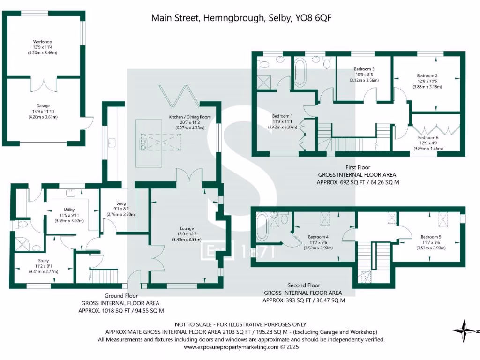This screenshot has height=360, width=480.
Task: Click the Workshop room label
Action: click(x=42, y=41)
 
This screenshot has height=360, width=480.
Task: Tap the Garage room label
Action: click(x=43, y=106)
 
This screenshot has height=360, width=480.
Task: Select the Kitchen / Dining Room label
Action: click(x=190, y=117)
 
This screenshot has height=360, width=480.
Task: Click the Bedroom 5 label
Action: click(x=430, y=237)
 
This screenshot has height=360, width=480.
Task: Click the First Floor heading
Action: click(x=357, y=167)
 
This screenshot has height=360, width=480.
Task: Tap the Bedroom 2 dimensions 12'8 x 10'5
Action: click(x=427, y=81)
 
